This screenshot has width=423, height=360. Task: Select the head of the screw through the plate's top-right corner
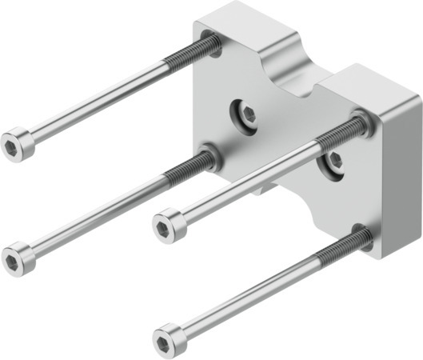(x=168, y=225)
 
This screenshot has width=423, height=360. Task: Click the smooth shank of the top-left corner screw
(x=96, y=104)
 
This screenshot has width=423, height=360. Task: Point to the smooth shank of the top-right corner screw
(x=248, y=182)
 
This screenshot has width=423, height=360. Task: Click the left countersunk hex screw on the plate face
(x=248, y=114)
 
